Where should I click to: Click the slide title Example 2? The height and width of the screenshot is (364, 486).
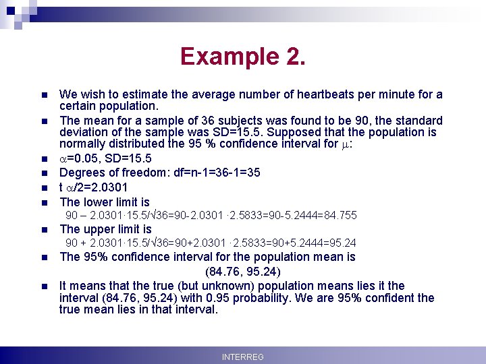(243, 56)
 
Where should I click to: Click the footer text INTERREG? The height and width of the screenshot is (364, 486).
(242, 357)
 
